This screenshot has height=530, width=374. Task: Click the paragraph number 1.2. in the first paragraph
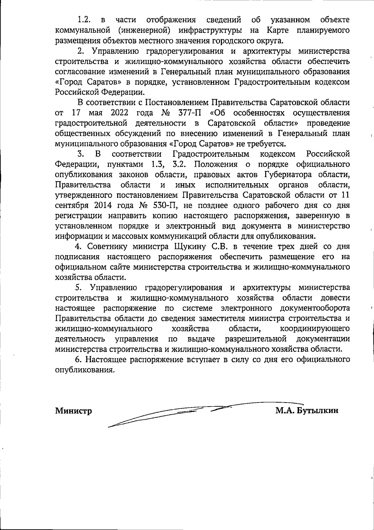coord(84,20)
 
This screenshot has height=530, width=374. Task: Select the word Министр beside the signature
coord(74,411)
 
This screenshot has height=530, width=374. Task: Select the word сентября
coord(71,206)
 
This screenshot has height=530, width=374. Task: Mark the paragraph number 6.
coord(78,360)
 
